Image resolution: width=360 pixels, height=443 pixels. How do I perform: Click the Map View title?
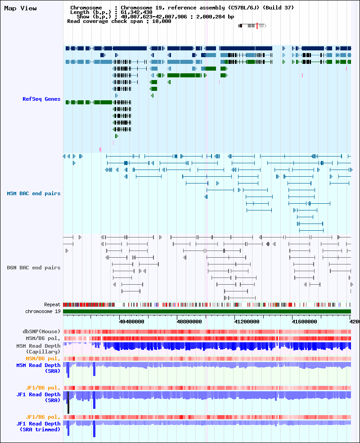point(20,9)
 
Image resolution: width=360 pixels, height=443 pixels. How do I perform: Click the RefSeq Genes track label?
point(41,99)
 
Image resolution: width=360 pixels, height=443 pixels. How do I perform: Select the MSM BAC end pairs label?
point(34,193)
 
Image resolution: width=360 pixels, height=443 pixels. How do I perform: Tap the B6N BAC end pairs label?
point(34,268)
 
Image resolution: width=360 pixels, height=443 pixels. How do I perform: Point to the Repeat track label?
point(52,304)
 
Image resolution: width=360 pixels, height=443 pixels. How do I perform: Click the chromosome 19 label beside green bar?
point(43,311)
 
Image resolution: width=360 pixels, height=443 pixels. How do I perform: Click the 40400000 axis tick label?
point(132,322)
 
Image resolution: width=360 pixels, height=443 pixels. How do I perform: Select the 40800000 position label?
point(189,322)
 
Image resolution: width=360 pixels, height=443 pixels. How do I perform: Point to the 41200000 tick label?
point(247,322)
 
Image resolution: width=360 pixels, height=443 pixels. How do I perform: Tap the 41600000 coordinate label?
point(304,322)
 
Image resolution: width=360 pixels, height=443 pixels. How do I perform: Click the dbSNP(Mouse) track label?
point(41,331)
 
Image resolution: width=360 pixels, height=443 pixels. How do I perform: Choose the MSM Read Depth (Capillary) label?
point(38,349)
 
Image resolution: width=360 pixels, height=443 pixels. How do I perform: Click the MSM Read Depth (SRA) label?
point(38,368)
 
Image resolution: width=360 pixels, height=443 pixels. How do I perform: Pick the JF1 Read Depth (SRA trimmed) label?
point(38,426)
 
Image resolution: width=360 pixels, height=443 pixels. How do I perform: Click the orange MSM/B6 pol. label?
point(43,358)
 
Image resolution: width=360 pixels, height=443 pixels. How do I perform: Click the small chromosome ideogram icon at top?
point(252,26)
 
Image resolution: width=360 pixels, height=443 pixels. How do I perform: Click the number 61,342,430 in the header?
point(136,13)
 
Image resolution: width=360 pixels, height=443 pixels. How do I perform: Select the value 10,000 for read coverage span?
point(162,21)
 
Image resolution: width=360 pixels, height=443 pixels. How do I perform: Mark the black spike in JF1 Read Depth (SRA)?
point(68,403)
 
